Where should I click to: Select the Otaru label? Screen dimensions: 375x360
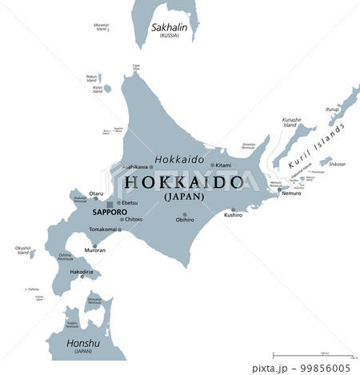tap(95, 193)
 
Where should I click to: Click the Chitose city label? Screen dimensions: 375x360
tap(134, 218)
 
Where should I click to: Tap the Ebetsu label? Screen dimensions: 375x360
tap(130, 202)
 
